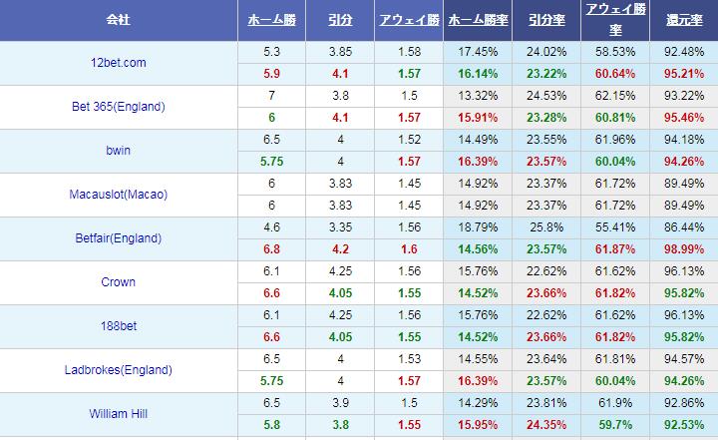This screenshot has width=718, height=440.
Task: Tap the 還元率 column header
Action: (683, 20)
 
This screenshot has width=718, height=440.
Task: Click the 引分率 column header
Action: (545, 20)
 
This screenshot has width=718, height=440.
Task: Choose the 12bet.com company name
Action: (118, 63)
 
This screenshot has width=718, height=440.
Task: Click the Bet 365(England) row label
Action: (118, 107)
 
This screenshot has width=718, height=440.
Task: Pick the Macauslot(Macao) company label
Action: (118, 195)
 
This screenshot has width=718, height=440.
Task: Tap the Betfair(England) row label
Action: (118, 238)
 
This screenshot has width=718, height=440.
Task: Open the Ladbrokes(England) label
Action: (118, 370)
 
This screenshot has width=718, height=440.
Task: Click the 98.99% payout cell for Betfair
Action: (683, 249)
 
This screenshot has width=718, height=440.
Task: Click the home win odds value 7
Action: (271, 96)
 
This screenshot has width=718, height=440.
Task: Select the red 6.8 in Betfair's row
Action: (271, 249)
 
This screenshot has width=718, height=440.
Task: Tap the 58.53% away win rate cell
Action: (614, 52)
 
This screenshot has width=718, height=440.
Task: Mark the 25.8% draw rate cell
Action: (545, 227)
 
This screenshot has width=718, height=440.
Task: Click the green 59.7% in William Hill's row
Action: (614, 425)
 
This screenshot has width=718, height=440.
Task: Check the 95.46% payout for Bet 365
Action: (683, 118)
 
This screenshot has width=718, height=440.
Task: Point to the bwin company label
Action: (118, 151)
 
